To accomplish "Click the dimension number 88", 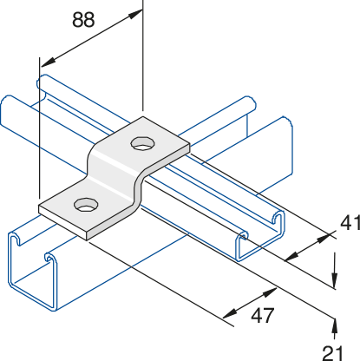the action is (x=83, y=20).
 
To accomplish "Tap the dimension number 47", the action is (x=262, y=316).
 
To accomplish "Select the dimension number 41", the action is (x=350, y=223).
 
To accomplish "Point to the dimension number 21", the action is (x=332, y=353).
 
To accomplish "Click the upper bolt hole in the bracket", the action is (x=143, y=143).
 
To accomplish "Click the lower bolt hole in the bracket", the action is (x=86, y=205).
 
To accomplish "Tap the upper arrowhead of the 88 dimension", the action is (x=135, y=14).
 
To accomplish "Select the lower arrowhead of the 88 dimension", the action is (x=48, y=62).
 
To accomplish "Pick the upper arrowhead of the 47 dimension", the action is (x=270, y=292).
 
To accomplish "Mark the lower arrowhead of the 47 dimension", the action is (x=231, y=314).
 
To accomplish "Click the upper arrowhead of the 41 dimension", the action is (x=324, y=238).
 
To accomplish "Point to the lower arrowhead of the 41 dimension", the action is (x=291, y=256).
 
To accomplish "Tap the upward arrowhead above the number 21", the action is (x=335, y=325).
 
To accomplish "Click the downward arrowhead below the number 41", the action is (x=335, y=279).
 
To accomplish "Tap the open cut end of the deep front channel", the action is (x=32, y=271).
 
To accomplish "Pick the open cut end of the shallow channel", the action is (x=260, y=236).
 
